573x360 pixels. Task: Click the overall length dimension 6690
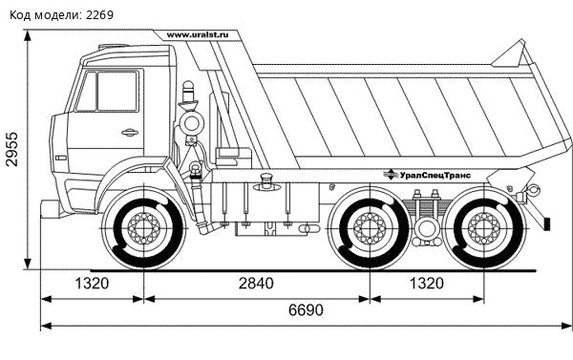[x=306, y=310]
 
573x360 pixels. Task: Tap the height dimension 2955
[x=11, y=149]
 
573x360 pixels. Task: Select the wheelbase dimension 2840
[x=256, y=284]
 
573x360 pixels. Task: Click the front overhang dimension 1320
[x=92, y=284]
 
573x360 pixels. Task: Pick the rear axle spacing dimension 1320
[x=427, y=284]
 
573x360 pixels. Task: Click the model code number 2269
[x=99, y=15]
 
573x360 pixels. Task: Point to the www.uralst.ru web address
[x=198, y=35]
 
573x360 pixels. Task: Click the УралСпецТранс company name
[x=435, y=176]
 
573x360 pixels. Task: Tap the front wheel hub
[x=144, y=228]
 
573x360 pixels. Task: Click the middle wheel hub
[x=370, y=228]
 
